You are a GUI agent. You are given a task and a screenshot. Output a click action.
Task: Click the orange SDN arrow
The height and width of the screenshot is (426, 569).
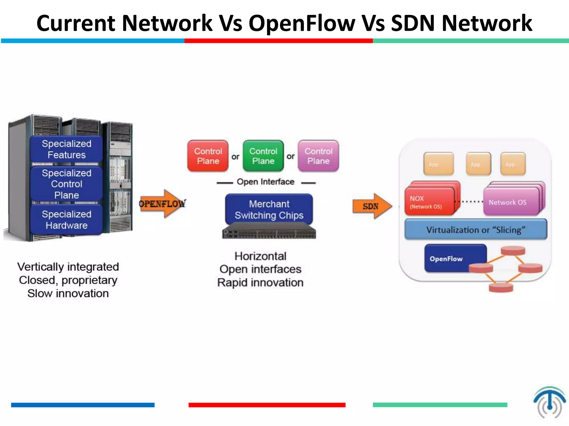click(372, 206)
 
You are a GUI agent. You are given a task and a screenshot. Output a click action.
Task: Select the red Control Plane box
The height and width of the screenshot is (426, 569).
click(208, 156)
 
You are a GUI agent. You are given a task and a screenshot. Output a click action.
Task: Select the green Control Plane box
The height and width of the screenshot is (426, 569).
click(263, 156)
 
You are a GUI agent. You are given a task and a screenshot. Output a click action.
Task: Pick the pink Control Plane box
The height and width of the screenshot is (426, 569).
click(318, 156)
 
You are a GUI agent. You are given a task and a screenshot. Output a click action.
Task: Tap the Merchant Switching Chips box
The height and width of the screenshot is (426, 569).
click(269, 209)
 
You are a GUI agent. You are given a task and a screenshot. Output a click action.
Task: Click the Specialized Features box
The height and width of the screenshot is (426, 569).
click(66, 149)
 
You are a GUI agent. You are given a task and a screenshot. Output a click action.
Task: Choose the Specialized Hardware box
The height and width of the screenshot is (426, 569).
click(66, 220)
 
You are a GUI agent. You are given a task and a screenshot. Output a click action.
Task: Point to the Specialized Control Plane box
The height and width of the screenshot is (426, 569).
click(66, 184)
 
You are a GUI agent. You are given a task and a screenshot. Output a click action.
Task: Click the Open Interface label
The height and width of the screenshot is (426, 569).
click(265, 182)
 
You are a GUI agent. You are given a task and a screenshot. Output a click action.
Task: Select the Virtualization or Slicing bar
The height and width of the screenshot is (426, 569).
click(476, 230)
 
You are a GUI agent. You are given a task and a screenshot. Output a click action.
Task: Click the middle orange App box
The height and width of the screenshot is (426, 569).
click(478, 164)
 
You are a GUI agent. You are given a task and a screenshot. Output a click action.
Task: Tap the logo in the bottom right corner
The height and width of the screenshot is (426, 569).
click(549, 402)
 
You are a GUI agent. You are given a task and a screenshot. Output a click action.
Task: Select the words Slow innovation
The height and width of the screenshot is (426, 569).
click(68, 293)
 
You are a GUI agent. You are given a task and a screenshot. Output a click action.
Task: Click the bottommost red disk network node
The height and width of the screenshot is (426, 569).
click(501, 288)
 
